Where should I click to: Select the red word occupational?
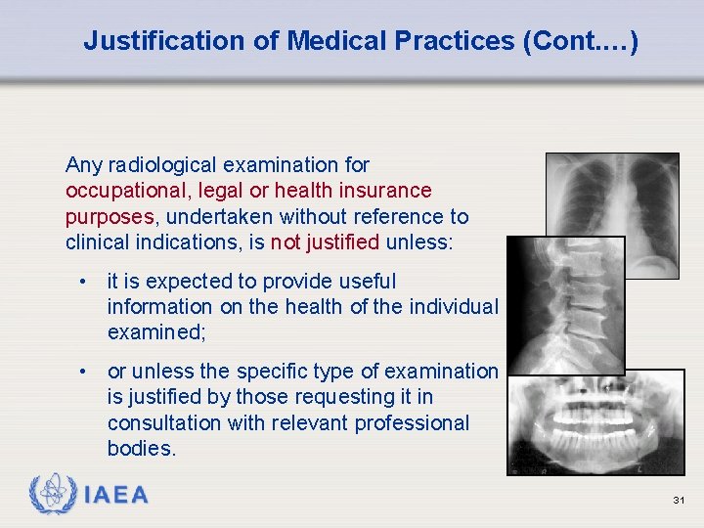click(124, 190)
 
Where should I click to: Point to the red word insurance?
click(383, 190)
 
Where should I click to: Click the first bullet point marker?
click(86, 282)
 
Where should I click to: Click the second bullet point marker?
click(86, 372)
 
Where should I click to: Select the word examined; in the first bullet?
click(154, 332)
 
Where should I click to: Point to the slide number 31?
click(679, 501)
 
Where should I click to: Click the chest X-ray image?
click(626, 196)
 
